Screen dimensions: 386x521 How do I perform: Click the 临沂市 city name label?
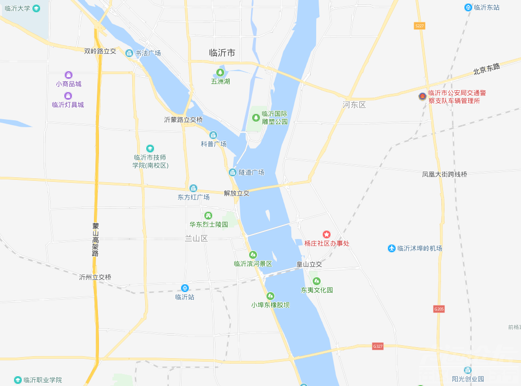pyautogui.click(x=222, y=53)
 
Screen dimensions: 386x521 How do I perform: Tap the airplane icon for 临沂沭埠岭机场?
pyautogui.click(x=392, y=248)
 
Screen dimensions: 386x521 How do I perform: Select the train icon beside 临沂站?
pyautogui.click(x=185, y=288)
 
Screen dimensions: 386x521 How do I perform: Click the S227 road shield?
pyautogui.click(x=420, y=25)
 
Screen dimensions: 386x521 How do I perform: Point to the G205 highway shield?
pyautogui.click(x=438, y=309)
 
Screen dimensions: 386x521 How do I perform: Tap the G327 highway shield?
pyautogui.click(x=378, y=346)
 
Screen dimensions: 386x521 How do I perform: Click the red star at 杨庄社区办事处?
pyautogui.click(x=327, y=234)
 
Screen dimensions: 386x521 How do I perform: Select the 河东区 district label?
pyautogui.click(x=354, y=105)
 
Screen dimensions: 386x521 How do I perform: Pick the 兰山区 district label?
pyautogui.click(x=196, y=238)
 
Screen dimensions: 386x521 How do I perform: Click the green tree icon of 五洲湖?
pyautogui.click(x=220, y=73)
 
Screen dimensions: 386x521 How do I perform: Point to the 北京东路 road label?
pyautogui.click(x=487, y=69)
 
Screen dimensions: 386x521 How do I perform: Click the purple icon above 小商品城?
pyautogui.click(x=68, y=75)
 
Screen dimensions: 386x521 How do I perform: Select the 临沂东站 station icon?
pyautogui.click(x=468, y=7)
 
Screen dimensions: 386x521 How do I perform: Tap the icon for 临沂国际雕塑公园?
pyautogui.click(x=256, y=118)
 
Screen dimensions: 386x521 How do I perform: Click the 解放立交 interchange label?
pyautogui.click(x=237, y=193)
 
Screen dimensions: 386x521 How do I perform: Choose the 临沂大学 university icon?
pyautogui.click(x=36, y=8)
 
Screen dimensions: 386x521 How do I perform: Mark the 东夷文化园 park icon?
pyautogui.click(x=317, y=281)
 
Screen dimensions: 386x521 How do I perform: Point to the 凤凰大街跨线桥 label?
pyautogui.click(x=444, y=174)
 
